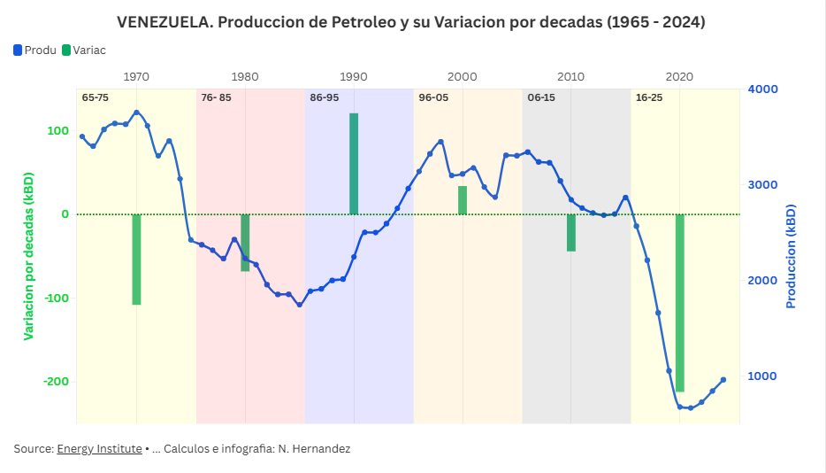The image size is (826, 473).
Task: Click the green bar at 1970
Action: (x=136, y=259)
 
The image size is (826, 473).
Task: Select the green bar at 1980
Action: (x=245, y=242)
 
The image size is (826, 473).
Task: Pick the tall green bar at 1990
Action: (x=354, y=164)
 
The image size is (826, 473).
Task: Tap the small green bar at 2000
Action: (x=463, y=199)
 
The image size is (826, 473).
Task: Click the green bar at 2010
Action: (x=571, y=232)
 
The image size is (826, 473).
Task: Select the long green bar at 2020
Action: (x=680, y=302)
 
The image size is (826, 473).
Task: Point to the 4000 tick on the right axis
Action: (x=762, y=89)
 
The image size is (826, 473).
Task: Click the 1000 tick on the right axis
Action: (x=762, y=376)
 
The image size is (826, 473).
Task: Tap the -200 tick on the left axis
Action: (x=56, y=382)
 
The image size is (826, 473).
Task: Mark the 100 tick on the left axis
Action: (x=57, y=131)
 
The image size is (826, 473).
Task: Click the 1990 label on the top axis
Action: (x=354, y=76)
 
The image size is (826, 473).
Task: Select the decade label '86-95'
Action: (x=324, y=97)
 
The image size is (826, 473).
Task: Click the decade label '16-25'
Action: (x=648, y=97)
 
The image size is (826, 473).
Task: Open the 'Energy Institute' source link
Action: (x=99, y=449)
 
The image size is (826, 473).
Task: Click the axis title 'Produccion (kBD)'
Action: (x=791, y=257)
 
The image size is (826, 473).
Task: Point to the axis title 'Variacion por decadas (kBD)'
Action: (x=28, y=257)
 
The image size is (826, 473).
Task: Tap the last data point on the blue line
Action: (x=723, y=380)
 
